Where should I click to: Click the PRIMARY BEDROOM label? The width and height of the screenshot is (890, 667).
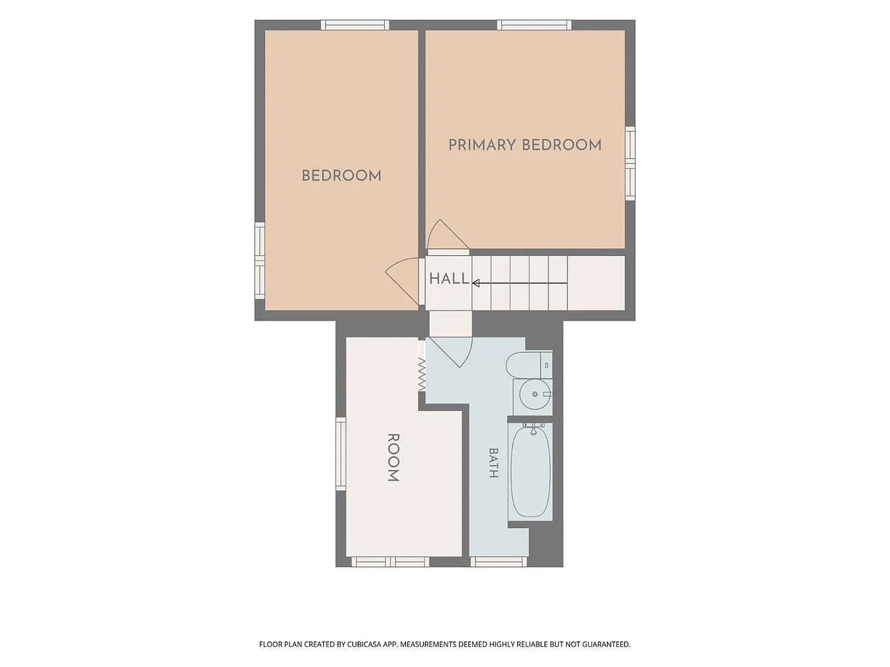524,145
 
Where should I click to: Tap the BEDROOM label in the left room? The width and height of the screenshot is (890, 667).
342,176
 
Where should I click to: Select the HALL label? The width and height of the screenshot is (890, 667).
449,279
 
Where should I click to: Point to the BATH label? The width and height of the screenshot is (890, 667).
493,463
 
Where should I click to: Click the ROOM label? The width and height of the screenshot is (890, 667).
394,457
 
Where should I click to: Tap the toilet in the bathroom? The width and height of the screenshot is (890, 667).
529,365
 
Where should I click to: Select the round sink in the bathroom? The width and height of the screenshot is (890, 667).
534,394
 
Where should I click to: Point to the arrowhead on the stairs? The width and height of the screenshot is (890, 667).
476,283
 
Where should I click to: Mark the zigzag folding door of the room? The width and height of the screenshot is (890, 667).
422,375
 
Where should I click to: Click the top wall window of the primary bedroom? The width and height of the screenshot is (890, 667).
534,24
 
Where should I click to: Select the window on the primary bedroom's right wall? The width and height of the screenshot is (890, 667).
630,163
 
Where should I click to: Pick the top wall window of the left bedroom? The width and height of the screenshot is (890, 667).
355,24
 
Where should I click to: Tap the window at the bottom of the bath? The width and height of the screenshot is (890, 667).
499,561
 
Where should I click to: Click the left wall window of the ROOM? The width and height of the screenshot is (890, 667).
340,454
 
